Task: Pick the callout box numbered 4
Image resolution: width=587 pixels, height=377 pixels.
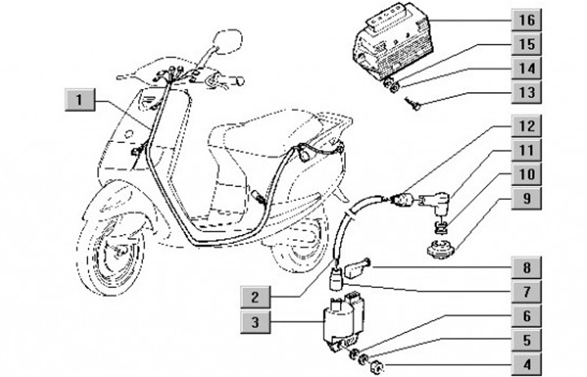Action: (x=526, y=365)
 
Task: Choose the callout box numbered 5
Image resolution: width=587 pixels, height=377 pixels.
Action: (x=526, y=341)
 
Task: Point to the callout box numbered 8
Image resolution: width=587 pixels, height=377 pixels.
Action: (x=526, y=266)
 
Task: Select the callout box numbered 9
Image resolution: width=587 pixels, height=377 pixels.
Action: (x=526, y=197)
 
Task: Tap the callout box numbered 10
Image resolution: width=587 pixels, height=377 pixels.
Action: (x=526, y=174)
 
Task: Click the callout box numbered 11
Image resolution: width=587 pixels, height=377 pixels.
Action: (x=526, y=150)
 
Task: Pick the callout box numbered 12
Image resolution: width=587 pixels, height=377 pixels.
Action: (x=526, y=126)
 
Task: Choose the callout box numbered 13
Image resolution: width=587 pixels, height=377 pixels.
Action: (x=526, y=92)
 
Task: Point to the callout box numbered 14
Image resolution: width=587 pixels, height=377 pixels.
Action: (x=526, y=67)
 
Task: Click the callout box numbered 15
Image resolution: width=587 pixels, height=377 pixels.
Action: (x=526, y=42)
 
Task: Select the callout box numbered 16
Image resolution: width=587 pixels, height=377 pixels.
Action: (x=526, y=17)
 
